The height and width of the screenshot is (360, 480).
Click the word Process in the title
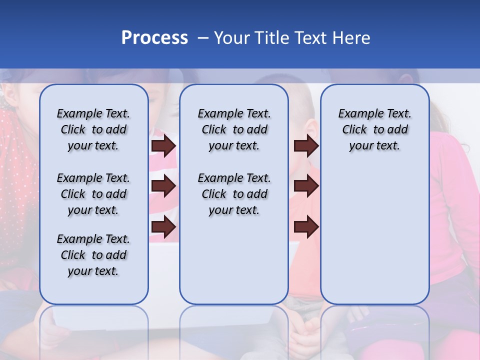point(154,38)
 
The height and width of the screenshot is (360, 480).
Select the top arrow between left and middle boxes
point(163,146)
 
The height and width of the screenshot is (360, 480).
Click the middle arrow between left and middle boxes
point(163,186)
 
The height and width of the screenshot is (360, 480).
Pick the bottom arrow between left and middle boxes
point(163,227)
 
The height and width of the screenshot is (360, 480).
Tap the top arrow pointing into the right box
point(306,146)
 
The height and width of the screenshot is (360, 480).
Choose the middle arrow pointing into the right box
point(306,186)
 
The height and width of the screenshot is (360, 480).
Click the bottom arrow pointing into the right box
point(306,227)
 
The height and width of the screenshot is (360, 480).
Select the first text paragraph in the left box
point(93,129)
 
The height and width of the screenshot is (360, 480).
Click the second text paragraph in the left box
point(93,194)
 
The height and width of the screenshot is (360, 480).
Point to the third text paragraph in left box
point(93,255)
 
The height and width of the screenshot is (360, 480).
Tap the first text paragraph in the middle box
point(234,129)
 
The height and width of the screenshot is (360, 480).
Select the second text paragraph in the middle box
point(234,194)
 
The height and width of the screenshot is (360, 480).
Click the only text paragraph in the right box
point(375,129)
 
